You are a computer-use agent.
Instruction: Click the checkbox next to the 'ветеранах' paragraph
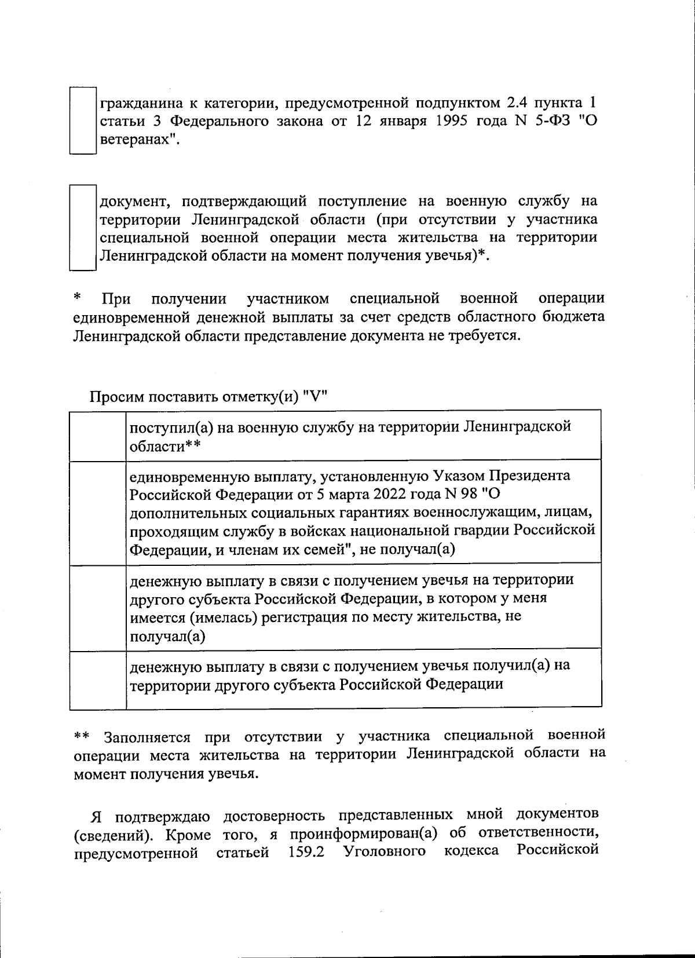coord(82,120)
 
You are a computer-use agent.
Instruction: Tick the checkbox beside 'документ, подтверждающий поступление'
coord(82,227)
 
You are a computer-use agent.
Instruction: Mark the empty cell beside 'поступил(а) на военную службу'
coord(98,436)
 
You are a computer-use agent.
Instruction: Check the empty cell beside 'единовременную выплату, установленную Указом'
coord(98,512)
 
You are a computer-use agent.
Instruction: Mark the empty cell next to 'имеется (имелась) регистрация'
coord(98,607)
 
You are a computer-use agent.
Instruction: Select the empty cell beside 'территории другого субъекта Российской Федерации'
coord(98,681)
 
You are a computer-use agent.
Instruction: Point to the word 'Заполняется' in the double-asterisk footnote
coord(147,737)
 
